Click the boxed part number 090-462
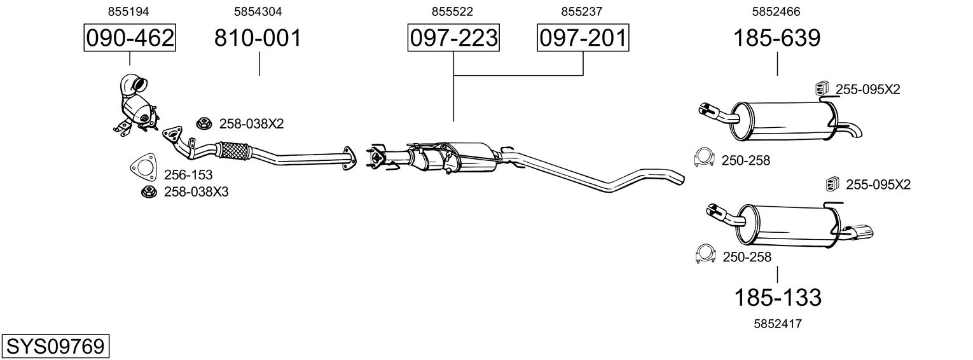pos(130,39)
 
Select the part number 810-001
pos(258,39)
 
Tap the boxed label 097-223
pos(453,39)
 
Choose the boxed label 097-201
pos(583,39)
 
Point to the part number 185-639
pos(776,39)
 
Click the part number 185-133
pos(778,297)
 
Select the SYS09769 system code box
pos(55,347)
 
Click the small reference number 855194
pos(130,11)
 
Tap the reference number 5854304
pos(258,11)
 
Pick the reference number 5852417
pos(777,324)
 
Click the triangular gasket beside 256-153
pos(143,167)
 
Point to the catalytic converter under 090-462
pos(137,108)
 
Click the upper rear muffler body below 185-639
pos(782,121)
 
